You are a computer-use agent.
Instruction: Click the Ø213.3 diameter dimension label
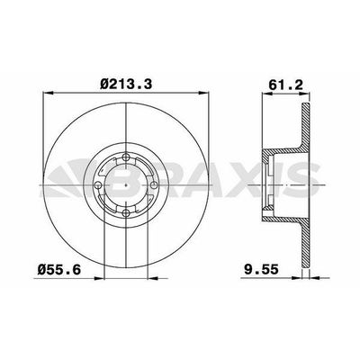point(126,84)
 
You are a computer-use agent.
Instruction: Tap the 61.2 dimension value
point(285,85)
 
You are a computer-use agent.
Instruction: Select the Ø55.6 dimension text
point(59,270)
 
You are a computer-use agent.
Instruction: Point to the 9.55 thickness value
point(261,270)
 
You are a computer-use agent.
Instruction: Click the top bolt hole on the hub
point(126,157)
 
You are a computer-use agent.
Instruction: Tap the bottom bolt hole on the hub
point(126,213)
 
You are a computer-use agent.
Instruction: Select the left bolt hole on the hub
point(98,185)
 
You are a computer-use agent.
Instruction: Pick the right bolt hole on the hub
point(154,185)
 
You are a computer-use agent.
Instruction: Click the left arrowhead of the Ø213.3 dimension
point(48,94)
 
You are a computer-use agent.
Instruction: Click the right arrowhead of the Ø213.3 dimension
point(203,94)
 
